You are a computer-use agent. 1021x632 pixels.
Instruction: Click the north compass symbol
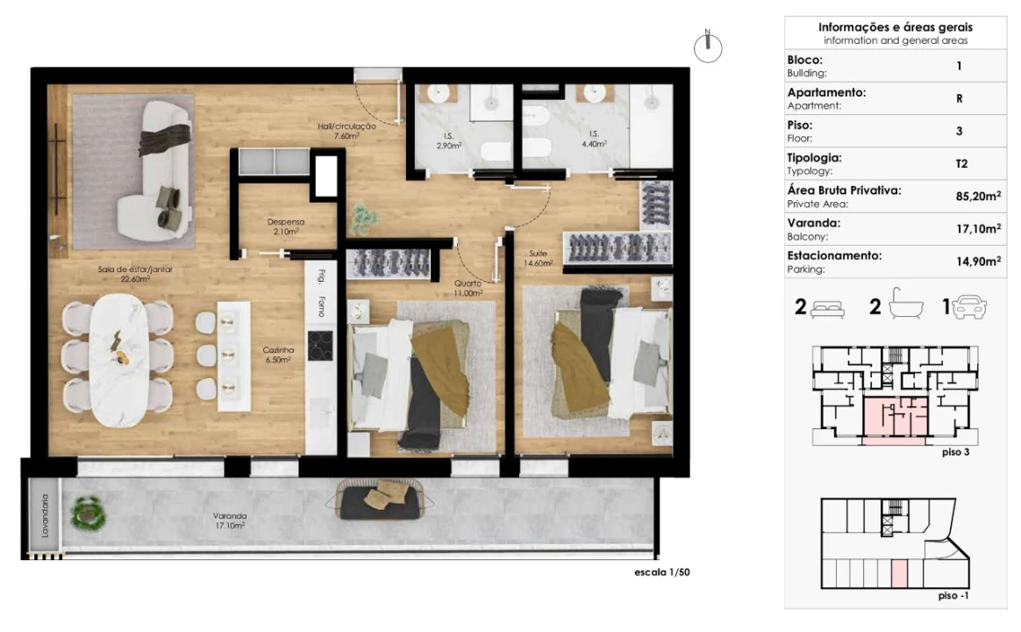pos(708,47)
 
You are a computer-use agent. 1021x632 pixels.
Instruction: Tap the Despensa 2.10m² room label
pos(286,226)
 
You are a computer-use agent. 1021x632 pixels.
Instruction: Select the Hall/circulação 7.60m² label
pos(346,131)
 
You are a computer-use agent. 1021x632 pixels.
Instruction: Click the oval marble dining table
pos(119,360)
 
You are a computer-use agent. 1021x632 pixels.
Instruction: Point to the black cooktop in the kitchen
pos(320,345)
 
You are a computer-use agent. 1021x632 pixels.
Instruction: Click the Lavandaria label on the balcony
pos(45,515)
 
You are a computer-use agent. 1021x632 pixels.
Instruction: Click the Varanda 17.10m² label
pos(230,520)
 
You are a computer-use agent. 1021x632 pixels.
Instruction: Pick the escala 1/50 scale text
pos(662,572)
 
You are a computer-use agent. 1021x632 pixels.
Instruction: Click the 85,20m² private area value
pos(978,196)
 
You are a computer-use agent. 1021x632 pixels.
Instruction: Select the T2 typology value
pos(961,163)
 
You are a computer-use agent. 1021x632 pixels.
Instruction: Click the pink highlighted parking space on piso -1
pos(898,573)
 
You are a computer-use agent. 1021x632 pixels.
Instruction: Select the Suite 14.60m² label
pos(539,258)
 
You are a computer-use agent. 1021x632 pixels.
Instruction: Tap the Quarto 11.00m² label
pos(468,288)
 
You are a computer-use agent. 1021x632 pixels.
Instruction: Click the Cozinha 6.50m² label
pos(278,355)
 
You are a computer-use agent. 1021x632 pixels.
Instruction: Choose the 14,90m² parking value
pos(978,262)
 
